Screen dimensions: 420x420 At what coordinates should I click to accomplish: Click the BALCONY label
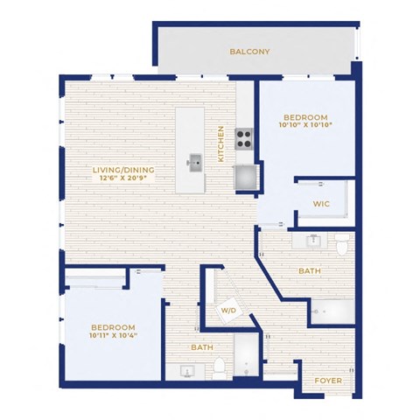[x=249, y=52]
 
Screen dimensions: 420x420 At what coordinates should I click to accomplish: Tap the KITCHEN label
[x=220, y=143]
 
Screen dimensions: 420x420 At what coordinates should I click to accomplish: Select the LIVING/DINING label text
[x=123, y=170]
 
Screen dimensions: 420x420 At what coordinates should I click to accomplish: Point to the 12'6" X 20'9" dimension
[x=123, y=178]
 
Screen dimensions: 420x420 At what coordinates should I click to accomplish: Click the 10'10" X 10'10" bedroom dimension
[x=305, y=125]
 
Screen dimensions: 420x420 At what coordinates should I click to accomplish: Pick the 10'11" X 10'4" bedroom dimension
[x=113, y=335]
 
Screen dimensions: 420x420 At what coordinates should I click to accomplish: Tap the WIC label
[x=321, y=204]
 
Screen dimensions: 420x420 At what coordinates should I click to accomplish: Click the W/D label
[x=228, y=311]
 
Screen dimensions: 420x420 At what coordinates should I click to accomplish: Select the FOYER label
[x=328, y=381]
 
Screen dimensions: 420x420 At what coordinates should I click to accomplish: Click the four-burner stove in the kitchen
[x=244, y=139]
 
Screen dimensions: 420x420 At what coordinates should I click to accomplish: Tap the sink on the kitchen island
[x=195, y=164]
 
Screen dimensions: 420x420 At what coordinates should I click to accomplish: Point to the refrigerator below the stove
[x=246, y=177]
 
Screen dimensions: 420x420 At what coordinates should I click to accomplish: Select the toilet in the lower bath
[x=219, y=368]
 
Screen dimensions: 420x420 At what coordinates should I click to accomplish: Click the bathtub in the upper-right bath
[x=332, y=311]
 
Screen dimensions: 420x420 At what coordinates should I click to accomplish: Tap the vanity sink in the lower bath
[x=186, y=372]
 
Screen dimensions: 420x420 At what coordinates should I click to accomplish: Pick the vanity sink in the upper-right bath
[x=314, y=241]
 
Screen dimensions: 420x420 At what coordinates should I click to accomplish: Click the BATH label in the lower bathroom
[x=202, y=347]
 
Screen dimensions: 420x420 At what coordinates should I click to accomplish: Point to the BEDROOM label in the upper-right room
[x=305, y=117]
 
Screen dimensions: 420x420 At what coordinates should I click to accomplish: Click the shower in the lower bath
[x=246, y=355]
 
